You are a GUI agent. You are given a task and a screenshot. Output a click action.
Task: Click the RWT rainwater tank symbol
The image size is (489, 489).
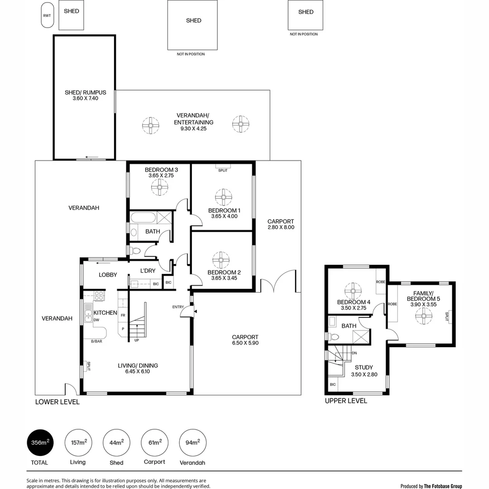(47, 16)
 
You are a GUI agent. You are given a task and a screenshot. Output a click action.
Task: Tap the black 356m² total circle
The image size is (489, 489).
(40, 442)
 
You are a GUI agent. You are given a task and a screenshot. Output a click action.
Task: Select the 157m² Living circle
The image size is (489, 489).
(78, 442)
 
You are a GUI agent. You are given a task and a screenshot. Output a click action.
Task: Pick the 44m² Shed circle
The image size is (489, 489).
(116, 442)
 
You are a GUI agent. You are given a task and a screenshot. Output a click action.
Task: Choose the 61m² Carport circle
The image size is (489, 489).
(154, 442)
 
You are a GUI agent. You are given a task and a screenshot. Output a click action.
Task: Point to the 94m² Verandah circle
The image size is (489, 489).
(192, 442)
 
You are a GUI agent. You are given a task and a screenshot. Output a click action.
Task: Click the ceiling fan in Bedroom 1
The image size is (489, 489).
(223, 197)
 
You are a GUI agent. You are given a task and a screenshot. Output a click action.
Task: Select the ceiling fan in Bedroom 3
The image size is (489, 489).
(159, 187)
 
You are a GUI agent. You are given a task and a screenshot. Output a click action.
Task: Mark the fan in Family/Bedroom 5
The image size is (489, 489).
(424, 316)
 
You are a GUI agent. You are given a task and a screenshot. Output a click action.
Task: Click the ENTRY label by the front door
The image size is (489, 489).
(178, 307)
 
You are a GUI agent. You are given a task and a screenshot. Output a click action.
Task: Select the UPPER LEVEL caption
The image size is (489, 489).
(346, 401)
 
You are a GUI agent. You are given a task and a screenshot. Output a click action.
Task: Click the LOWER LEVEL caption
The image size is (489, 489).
(58, 402)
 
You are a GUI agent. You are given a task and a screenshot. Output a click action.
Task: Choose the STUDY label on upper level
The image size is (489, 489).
(364, 368)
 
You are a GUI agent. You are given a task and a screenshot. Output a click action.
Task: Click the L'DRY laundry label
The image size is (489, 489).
(148, 271)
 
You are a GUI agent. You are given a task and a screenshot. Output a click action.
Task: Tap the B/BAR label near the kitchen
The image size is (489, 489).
(96, 341)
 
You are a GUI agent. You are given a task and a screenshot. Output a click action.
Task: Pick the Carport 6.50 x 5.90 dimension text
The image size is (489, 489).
(245, 343)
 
